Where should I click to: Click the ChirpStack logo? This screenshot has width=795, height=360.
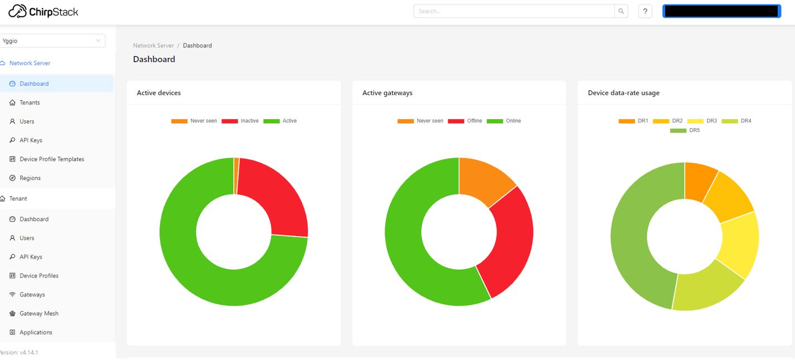(43, 11)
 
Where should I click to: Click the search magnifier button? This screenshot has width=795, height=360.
(621, 11)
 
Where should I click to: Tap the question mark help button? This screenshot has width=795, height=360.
(645, 11)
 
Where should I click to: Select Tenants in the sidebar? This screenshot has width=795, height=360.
(30, 103)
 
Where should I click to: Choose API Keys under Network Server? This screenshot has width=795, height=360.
(31, 140)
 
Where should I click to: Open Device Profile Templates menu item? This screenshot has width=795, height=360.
(51, 159)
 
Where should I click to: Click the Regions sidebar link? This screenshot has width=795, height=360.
(30, 178)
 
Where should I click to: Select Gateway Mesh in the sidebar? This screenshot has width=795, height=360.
(38, 314)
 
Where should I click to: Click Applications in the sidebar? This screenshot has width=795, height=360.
(36, 333)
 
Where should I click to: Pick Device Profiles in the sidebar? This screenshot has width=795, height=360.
(38, 276)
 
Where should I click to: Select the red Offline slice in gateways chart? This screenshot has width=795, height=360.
(507, 245)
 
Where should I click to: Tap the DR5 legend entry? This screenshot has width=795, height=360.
(685, 130)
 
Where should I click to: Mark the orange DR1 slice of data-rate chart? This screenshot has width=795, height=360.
(700, 181)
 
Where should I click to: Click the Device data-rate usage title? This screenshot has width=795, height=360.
(623, 93)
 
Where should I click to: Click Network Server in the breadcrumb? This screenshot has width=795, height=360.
(153, 46)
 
